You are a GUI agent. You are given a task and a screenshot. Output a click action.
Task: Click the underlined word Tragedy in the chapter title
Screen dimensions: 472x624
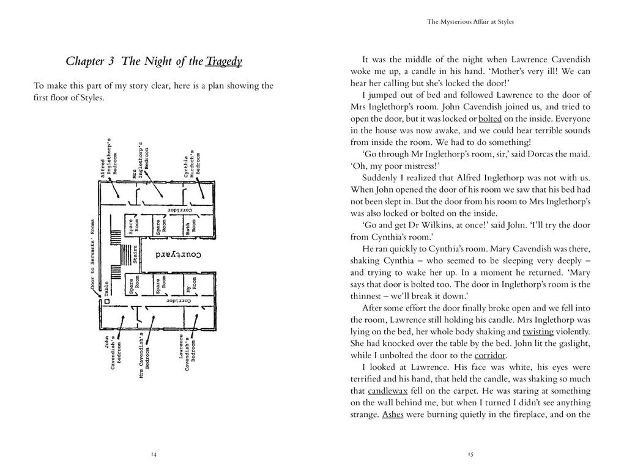224,62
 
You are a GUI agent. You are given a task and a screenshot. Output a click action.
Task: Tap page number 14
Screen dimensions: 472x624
154,454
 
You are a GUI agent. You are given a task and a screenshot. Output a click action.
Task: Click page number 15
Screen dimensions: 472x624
470,454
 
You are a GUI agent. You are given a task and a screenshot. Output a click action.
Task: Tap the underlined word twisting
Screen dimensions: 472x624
538,331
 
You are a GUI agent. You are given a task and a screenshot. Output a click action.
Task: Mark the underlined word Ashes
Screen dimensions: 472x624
393,415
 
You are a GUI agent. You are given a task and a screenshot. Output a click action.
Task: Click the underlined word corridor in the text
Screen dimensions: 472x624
491,355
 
